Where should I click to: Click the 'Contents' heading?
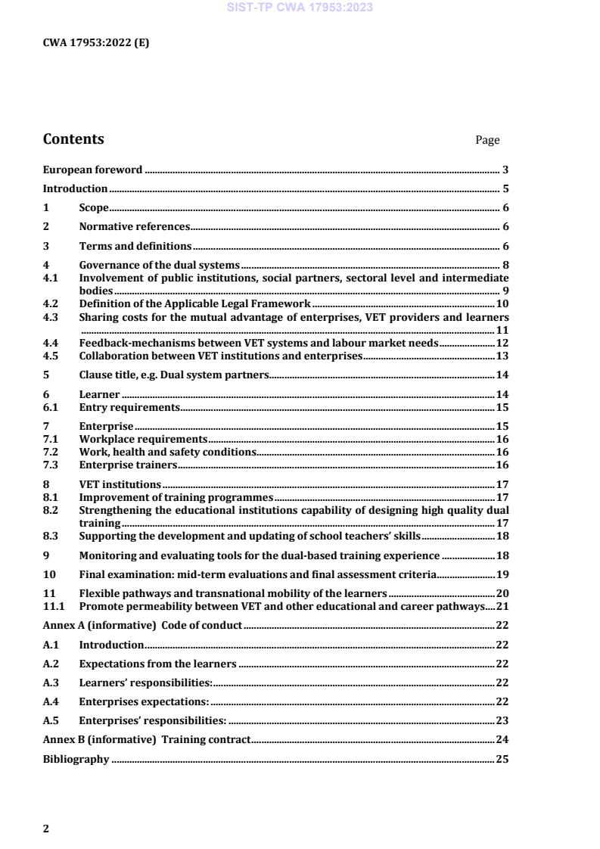pyautogui.click(x=73, y=139)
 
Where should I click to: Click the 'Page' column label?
pyautogui.click(x=487, y=140)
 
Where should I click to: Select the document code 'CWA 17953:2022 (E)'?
pyautogui.click(x=96, y=42)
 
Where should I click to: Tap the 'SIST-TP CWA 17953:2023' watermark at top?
pyautogui.click(x=300, y=8)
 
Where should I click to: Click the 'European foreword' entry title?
pyautogui.click(x=92, y=169)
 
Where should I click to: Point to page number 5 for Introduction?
pyautogui.click(x=505, y=189)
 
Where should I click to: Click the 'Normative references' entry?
pyautogui.click(x=134, y=226)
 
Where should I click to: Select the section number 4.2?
pyautogui.click(x=51, y=304)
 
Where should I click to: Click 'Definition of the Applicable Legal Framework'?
pyautogui.click(x=194, y=304)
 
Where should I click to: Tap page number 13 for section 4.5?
pyautogui.click(x=502, y=356)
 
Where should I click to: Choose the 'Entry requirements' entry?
pyautogui.click(x=129, y=407)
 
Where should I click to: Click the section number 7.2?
pyautogui.click(x=51, y=452)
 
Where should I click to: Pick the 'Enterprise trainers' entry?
pyautogui.click(x=128, y=465)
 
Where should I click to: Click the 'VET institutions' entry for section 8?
pyautogui.click(x=120, y=484)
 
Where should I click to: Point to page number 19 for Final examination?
pyautogui.click(x=502, y=574)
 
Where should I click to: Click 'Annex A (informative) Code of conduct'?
pyautogui.click(x=142, y=625)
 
